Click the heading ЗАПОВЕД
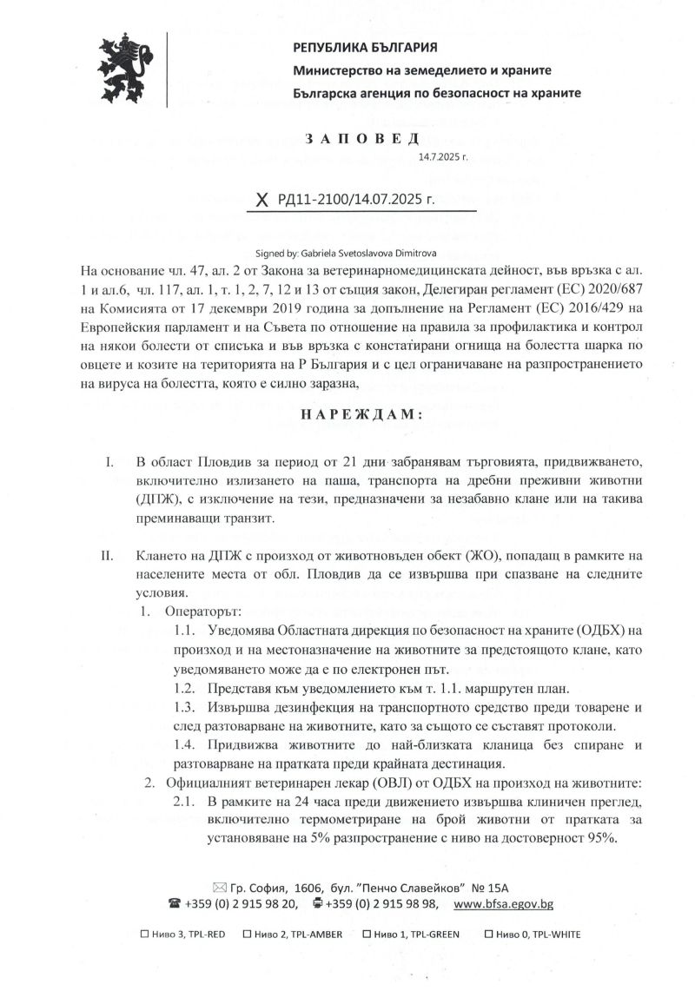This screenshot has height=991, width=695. (361, 139)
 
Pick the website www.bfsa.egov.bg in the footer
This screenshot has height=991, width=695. (504, 903)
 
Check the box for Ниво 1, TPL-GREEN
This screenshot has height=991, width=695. (367, 935)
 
